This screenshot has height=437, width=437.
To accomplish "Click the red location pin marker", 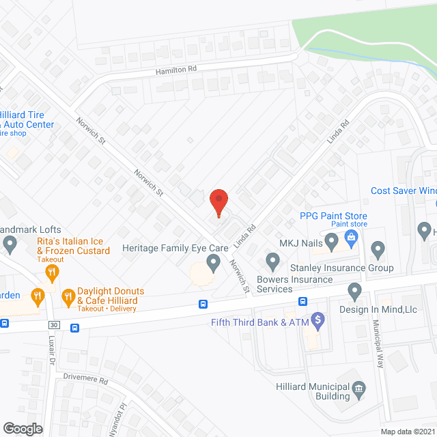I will pyautogui.click(x=218, y=202).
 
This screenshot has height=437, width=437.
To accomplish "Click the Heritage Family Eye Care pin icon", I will pyautogui.click(x=213, y=262).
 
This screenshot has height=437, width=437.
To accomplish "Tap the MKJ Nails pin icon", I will pyautogui.click(x=331, y=241).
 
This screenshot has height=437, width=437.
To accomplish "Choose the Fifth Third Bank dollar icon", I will pyautogui.click(x=318, y=319).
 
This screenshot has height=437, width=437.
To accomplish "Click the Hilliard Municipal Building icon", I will pyautogui.click(x=358, y=391).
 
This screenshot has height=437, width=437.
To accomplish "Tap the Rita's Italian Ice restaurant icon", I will pyautogui.click(x=52, y=273).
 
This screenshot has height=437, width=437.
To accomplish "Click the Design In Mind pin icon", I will pyautogui.click(x=354, y=292).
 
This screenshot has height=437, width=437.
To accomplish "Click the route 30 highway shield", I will pyautogui.click(x=54, y=324).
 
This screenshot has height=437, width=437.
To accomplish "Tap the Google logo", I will pyautogui.click(x=22, y=428).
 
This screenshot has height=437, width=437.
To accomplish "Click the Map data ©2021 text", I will pyautogui.click(x=407, y=431).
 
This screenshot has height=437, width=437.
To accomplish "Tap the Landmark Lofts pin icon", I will pyautogui.click(x=10, y=243).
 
